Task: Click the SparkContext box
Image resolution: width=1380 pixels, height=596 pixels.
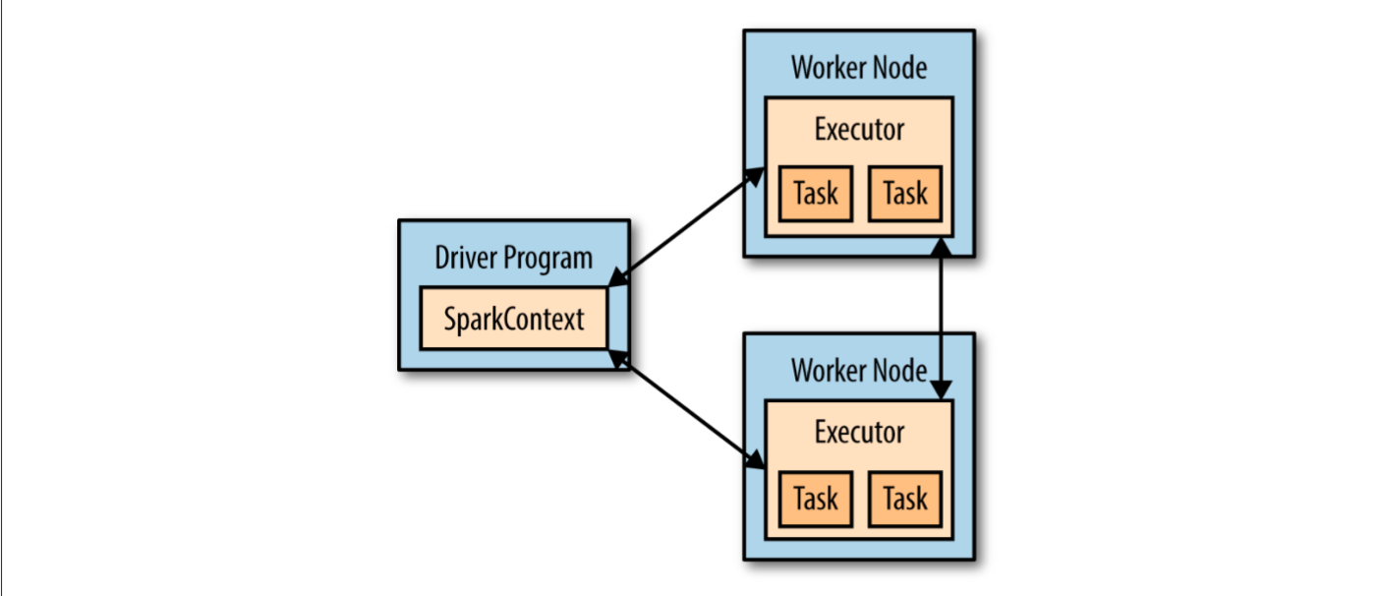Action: coord(513,319)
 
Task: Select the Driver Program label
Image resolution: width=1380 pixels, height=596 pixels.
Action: coord(513,259)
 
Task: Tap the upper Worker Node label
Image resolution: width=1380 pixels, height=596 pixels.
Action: coord(858,68)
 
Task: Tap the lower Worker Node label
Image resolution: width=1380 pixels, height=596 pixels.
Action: coord(858,371)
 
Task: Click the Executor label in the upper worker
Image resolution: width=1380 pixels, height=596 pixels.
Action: coord(859,129)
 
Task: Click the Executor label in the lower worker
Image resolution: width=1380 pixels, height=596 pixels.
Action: coord(859,432)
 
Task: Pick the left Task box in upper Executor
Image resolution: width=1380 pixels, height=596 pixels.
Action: coord(815,194)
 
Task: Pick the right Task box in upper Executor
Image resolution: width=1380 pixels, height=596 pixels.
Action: coord(905,194)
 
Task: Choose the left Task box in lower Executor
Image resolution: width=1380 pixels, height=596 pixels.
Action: coord(815,499)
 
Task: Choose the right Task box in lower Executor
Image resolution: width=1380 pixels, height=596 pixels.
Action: coord(905,499)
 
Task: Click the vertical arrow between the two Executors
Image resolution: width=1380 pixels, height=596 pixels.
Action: coord(942,318)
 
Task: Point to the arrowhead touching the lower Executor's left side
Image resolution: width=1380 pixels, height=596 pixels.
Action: coord(755,460)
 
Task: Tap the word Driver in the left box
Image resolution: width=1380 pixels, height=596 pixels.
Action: coord(466,259)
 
